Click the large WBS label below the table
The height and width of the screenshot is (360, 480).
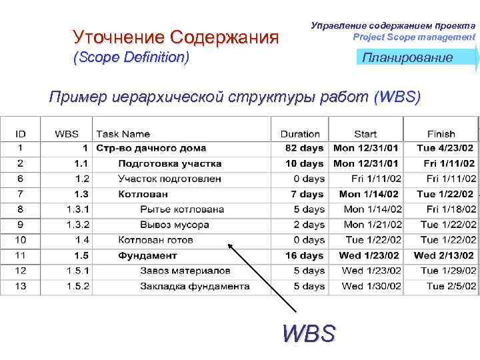pos(309,331)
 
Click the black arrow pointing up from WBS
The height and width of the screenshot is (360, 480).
pos(263,276)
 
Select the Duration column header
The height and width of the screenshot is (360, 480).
pos(300,134)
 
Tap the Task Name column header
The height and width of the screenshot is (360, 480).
pos(123,134)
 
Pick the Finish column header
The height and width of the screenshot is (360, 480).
pos(441,134)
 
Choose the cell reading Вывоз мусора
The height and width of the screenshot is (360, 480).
pos(174,225)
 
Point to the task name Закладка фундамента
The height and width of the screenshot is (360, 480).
pos(195,286)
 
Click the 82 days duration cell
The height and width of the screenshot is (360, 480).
pos(304,148)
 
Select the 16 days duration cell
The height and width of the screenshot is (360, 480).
pos(304,255)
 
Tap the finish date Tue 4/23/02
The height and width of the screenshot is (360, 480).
pos(445,148)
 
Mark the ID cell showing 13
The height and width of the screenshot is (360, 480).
pos(21,286)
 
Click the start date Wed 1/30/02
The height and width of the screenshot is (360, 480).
pos(371,286)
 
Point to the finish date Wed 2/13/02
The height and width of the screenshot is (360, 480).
pos(444,255)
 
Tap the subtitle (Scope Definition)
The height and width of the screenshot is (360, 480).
pos(131,58)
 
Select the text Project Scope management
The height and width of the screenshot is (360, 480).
pos(414,37)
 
